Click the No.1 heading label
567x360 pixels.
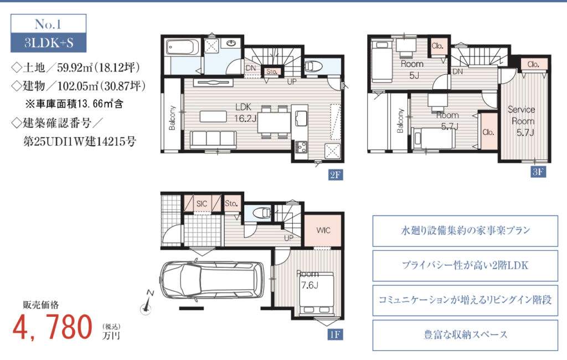click(x=48, y=24)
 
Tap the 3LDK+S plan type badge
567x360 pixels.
click(x=49, y=43)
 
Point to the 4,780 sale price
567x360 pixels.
click(x=53, y=327)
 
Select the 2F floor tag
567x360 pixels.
click(x=335, y=175)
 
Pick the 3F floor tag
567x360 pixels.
click(x=538, y=172)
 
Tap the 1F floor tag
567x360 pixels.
click(x=335, y=335)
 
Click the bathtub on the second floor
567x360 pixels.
click(x=183, y=47)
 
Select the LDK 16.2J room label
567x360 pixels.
click(x=245, y=112)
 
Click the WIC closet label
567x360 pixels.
click(x=323, y=230)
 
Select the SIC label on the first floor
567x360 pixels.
click(x=202, y=204)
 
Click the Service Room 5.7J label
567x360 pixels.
click(x=522, y=121)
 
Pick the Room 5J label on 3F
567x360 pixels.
click(x=412, y=69)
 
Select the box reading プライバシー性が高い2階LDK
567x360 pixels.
click(x=465, y=265)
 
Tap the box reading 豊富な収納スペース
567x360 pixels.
click(x=465, y=335)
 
